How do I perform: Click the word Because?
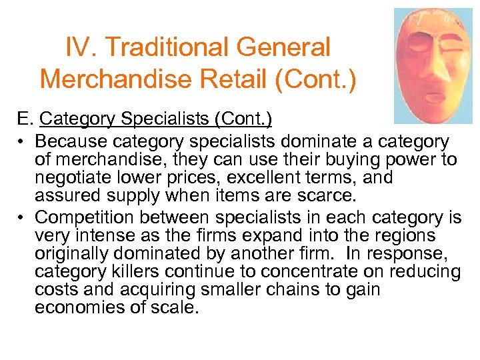click(x=71, y=142)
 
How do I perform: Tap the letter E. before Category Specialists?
click(x=25, y=120)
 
